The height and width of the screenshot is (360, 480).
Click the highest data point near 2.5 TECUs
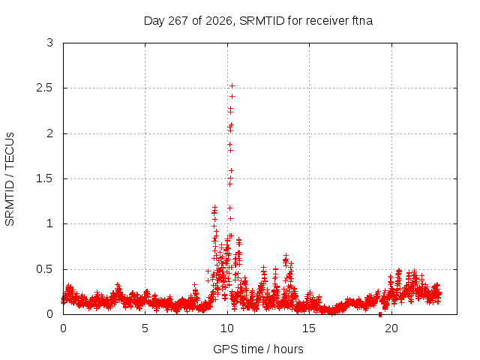point(232,85)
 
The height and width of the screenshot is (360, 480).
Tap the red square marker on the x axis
point(380,314)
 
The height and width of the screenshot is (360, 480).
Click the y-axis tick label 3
point(50,43)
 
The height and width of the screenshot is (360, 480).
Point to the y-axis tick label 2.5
point(45,88)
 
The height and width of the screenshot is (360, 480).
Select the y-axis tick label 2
point(50,133)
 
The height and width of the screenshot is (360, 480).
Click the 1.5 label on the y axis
point(45,178)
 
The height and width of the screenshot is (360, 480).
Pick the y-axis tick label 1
point(50,223)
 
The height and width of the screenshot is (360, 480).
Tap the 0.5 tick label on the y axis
point(45,269)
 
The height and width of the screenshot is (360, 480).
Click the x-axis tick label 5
point(145,328)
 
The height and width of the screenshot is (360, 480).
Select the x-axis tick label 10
point(226,328)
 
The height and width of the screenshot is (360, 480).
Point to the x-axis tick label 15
point(309,328)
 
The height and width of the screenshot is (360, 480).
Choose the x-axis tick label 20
point(391,328)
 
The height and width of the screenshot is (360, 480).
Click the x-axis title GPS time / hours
point(258,349)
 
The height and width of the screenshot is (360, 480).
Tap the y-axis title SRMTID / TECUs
point(10,179)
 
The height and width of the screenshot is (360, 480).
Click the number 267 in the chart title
point(178,21)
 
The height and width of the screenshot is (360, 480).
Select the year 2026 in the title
point(218,21)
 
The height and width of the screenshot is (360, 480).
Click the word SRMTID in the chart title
point(262,21)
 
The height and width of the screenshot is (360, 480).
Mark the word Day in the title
point(154,21)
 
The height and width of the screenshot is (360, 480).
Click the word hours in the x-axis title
point(288,349)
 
